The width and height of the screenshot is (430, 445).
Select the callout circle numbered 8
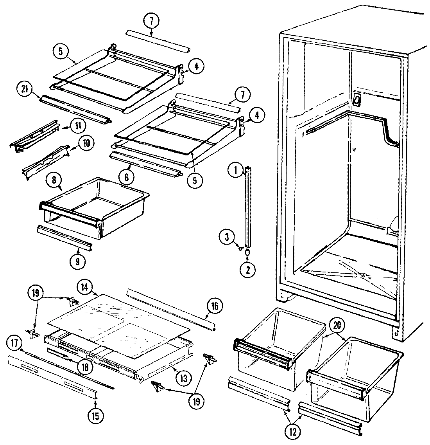pos(54,181)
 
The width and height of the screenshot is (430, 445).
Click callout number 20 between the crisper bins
pos(336,324)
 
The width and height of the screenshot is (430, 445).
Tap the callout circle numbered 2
pos(248,269)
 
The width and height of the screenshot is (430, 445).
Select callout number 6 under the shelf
pos(127,177)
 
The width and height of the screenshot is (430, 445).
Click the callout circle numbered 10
pos(86,143)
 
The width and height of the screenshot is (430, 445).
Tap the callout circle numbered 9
pos(77,261)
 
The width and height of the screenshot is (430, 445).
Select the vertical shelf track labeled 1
pos(247,207)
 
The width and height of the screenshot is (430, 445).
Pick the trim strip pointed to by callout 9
pos(64,238)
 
